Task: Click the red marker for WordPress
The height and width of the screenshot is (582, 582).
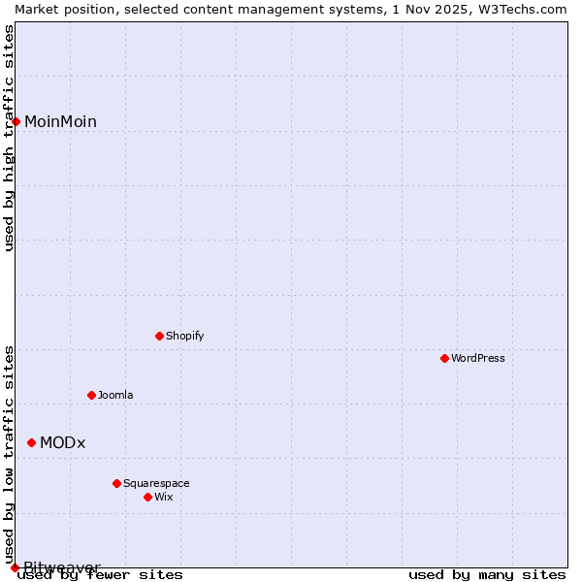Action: point(444,358)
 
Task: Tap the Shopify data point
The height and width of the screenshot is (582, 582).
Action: point(159,336)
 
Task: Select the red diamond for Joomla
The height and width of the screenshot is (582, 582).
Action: point(91,395)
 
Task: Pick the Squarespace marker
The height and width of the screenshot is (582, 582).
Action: point(116,483)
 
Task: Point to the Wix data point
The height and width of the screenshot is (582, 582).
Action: point(147,497)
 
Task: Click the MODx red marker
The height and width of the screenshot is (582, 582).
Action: point(31,442)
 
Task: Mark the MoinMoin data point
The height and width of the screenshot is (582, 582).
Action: point(16,121)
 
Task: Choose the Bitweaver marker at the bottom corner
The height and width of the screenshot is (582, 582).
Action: point(15,567)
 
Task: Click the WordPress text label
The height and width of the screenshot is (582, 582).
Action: point(478,358)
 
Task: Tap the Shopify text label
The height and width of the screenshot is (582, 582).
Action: point(184,336)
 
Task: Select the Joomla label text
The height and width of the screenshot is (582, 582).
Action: point(115,395)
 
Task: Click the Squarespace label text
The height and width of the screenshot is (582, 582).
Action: point(156,483)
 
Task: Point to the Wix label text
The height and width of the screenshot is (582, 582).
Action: point(163,497)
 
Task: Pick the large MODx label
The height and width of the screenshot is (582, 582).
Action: point(62,442)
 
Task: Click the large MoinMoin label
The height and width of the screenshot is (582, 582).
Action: point(60,121)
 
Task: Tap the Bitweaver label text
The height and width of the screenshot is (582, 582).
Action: point(62,567)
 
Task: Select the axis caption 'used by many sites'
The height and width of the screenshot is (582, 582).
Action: point(487,574)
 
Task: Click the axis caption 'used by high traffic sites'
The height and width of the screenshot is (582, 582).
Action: point(9,138)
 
